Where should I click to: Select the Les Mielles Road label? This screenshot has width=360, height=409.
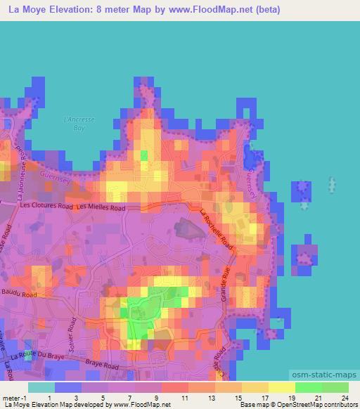102,207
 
